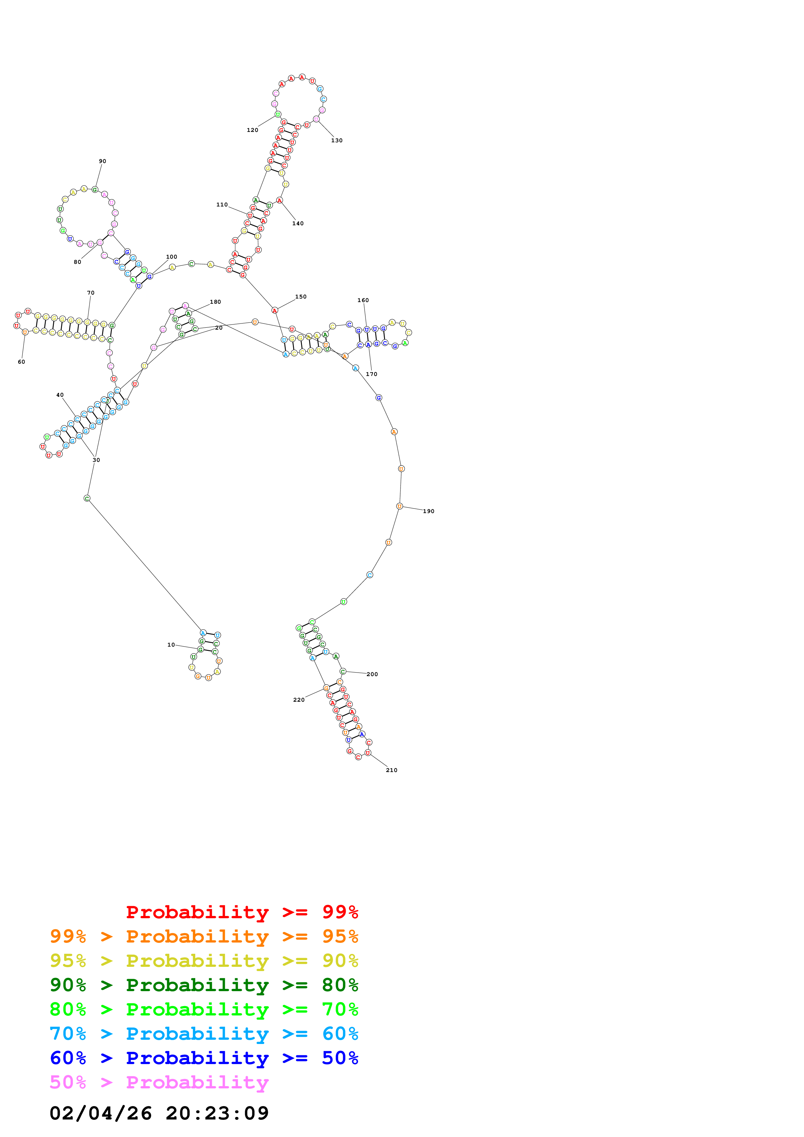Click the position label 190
(x=428, y=511)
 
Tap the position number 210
(x=391, y=770)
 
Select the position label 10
(x=171, y=645)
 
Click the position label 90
(x=102, y=161)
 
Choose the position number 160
(x=363, y=300)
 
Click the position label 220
(x=299, y=700)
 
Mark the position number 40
(x=60, y=395)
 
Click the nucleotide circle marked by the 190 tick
(x=399, y=506)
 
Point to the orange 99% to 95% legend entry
(x=204, y=936)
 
